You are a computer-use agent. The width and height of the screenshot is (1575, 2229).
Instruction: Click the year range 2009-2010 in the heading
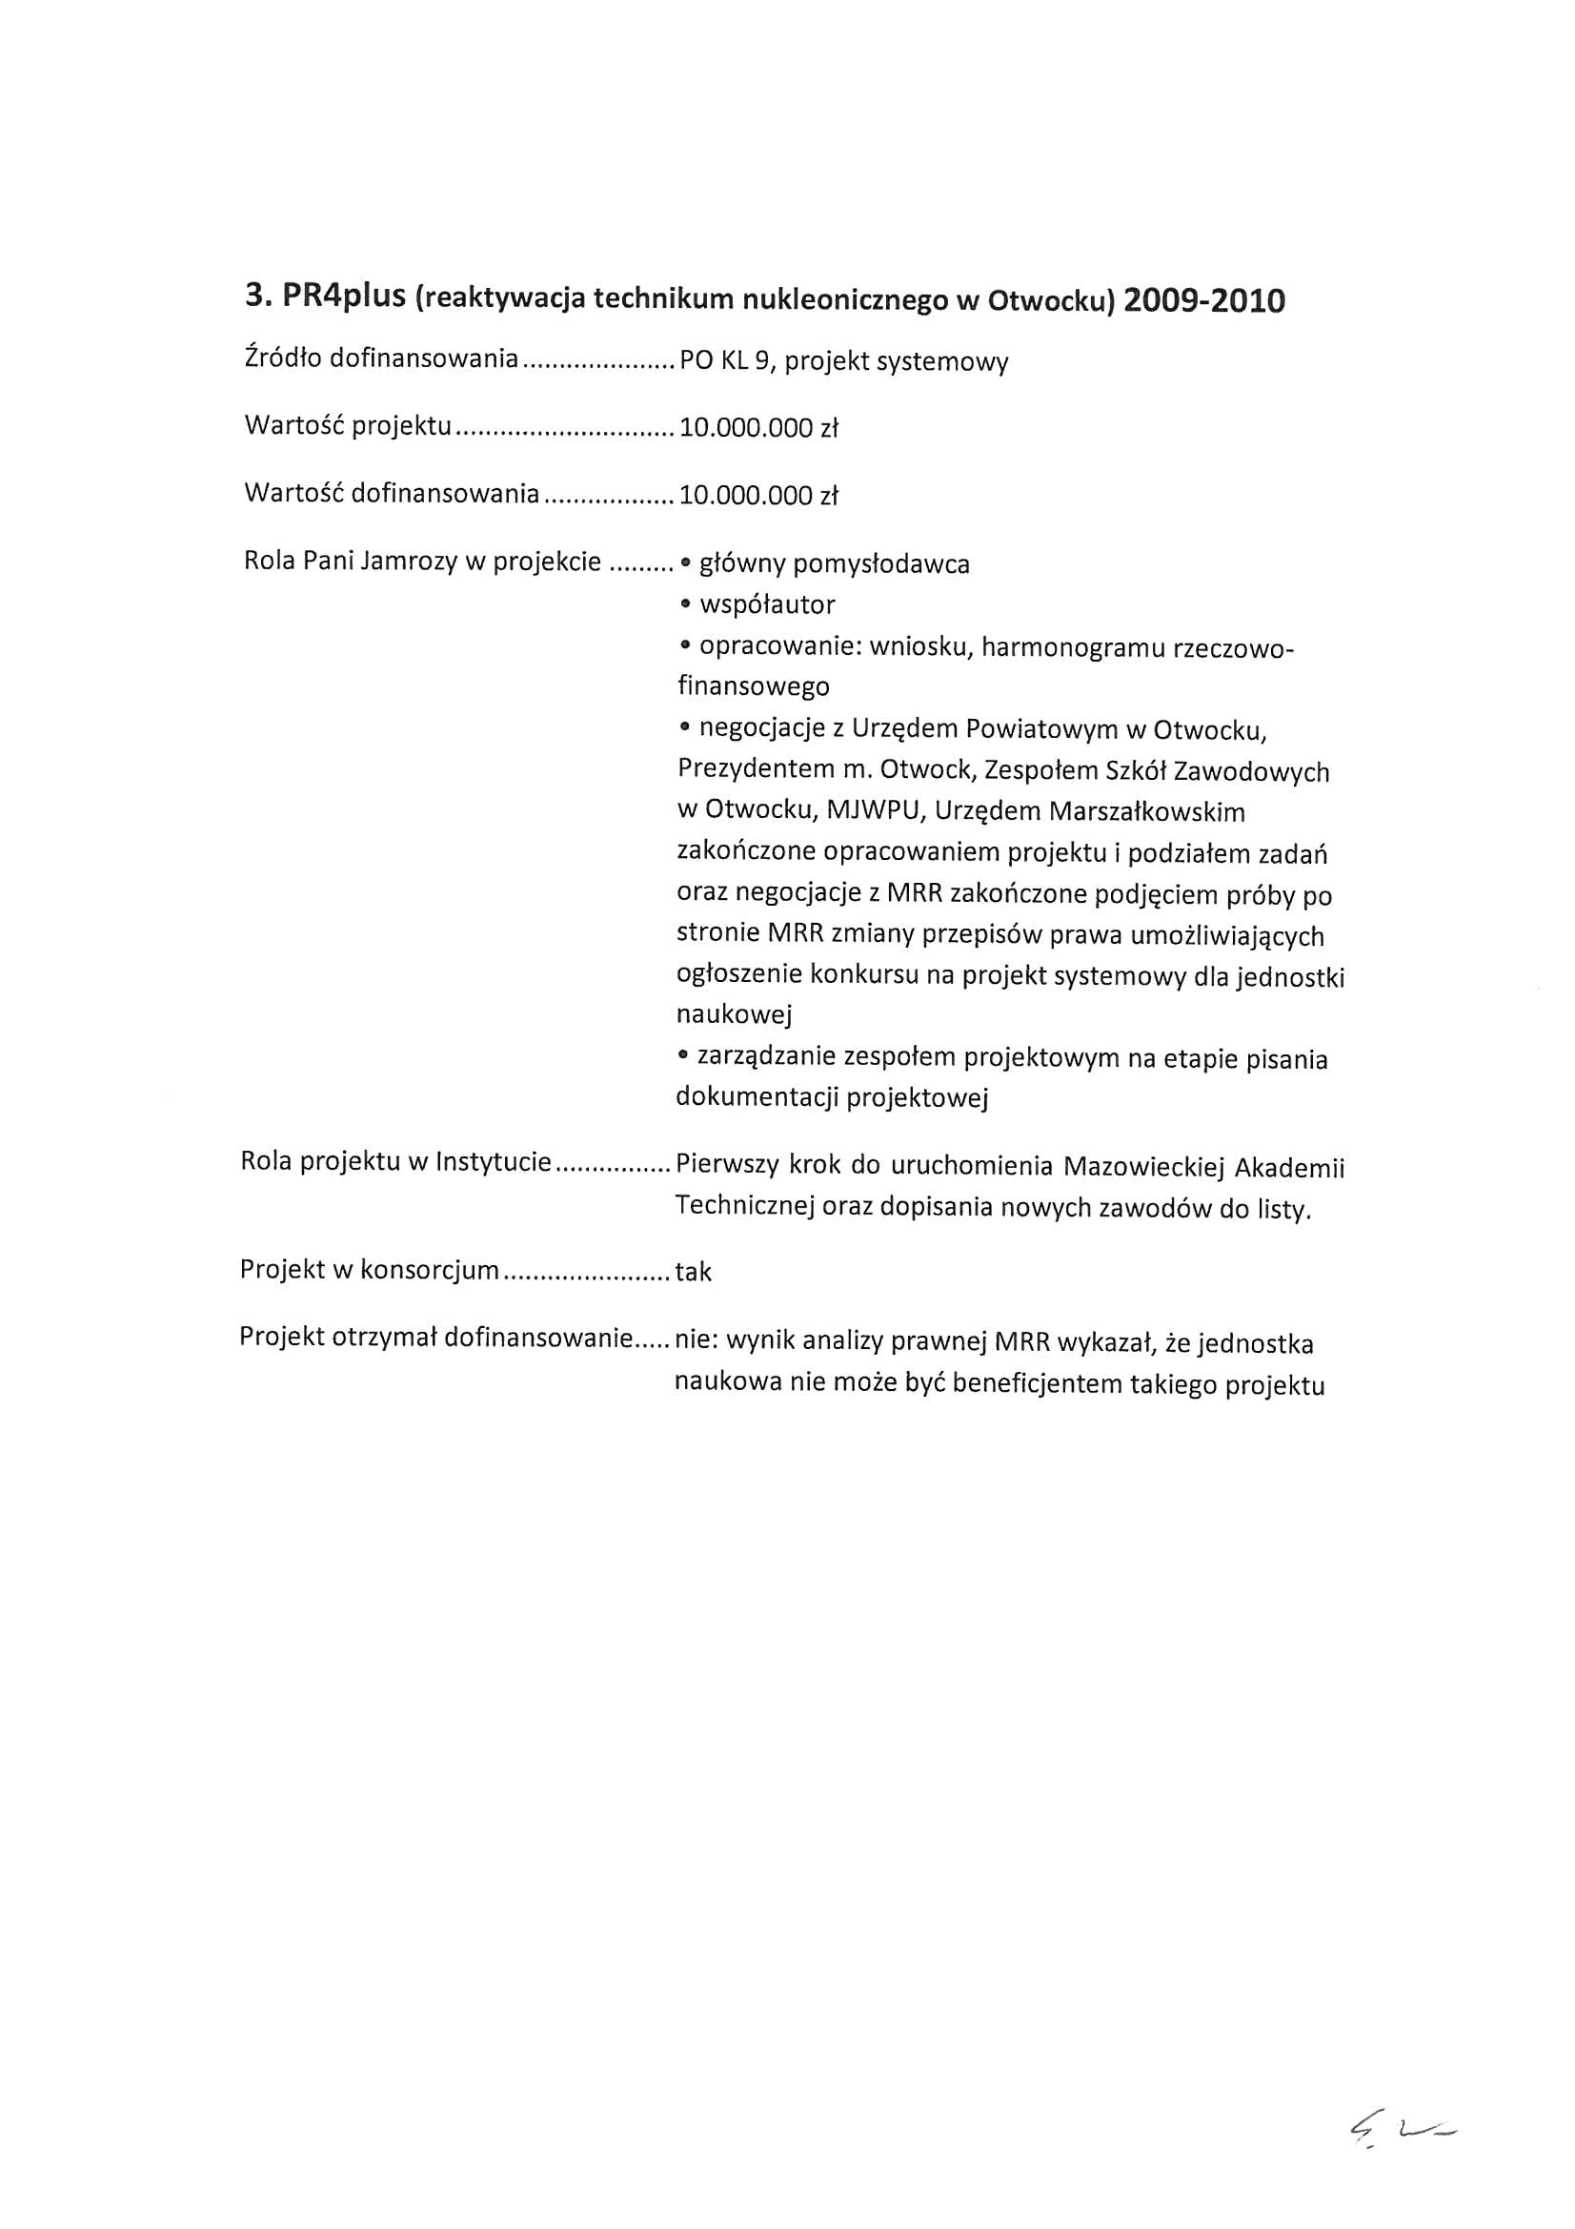click(x=1203, y=301)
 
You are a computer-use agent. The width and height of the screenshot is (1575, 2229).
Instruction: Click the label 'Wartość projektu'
click(x=348, y=426)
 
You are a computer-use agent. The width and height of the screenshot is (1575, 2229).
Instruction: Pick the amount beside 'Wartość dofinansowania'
click(x=757, y=495)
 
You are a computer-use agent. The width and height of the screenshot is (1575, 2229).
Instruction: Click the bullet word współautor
click(x=767, y=604)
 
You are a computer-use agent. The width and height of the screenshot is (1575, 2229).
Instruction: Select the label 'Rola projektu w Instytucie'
click(x=396, y=1162)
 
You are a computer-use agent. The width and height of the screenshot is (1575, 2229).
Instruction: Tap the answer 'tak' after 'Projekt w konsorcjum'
click(x=693, y=1272)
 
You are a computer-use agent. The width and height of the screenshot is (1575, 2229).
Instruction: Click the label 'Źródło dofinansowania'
click(x=380, y=358)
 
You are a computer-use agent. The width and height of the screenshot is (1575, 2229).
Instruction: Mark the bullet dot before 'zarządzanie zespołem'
click(x=685, y=1055)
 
